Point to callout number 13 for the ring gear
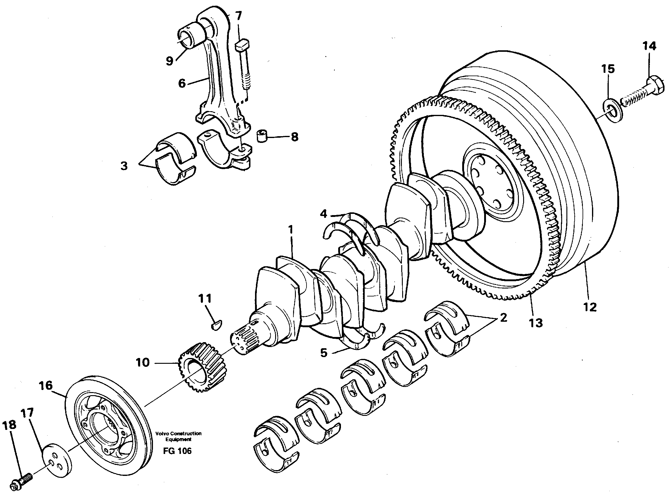(x=536, y=323)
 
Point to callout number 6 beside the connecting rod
(x=182, y=83)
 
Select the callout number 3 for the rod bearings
(x=124, y=166)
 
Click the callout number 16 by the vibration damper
(x=46, y=386)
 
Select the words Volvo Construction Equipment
(x=178, y=436)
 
